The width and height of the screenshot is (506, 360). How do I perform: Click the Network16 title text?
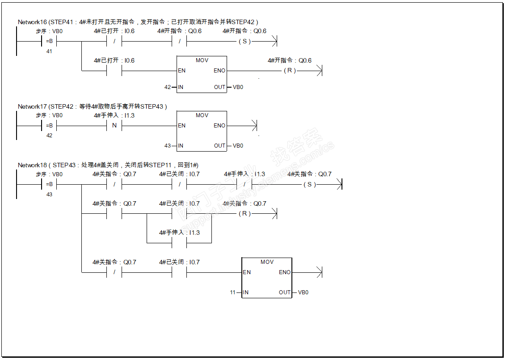(138, 22)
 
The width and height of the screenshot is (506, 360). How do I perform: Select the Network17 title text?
(92, 106)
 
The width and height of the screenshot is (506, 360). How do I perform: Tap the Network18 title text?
(108, 165)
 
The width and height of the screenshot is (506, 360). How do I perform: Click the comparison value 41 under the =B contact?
(49, 51)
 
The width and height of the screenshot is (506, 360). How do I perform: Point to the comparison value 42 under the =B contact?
(49, 136)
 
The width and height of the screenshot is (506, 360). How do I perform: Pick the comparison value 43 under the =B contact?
(49, 195)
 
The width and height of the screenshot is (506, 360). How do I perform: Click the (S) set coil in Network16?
(245, 41)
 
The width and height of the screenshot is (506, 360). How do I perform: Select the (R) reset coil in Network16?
(290, 70)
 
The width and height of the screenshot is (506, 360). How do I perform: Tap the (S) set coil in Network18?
(309, 184)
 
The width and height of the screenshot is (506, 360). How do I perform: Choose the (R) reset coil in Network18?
(245, 213)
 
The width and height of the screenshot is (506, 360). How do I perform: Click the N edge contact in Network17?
(114, 126)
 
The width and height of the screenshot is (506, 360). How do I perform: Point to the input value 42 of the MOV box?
(168, 87)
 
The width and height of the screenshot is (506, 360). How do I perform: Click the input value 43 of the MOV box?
(168, 146)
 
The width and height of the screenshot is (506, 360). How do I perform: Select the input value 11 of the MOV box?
(233, 292)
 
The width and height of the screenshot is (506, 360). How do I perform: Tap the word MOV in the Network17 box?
(202, 115)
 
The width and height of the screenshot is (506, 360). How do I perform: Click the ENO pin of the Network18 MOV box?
(285, 272)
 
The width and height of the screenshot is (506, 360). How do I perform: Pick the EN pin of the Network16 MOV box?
(182, 71)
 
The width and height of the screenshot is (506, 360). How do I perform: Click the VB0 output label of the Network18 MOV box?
(303, 292)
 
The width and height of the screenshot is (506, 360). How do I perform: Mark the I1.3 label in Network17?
(129, 115)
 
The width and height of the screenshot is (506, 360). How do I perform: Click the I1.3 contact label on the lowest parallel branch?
(194, 233)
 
